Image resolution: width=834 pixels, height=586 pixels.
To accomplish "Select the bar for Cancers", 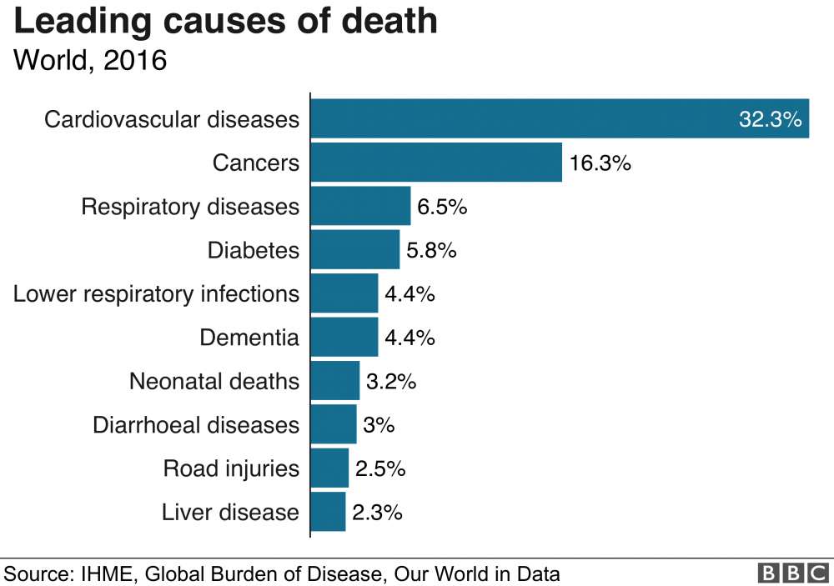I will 436,162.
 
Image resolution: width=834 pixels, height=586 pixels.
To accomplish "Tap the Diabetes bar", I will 354,249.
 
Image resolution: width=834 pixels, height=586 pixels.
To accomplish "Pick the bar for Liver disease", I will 328,511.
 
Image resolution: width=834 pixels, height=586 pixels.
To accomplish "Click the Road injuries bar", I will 329,468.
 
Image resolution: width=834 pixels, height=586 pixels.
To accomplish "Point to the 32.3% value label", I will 770,119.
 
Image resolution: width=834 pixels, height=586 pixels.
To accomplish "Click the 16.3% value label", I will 600,163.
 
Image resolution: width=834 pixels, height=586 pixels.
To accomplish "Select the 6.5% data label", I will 442,206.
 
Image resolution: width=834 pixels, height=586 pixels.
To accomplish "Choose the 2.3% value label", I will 377,512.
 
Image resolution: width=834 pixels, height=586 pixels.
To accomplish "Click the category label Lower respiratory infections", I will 156,293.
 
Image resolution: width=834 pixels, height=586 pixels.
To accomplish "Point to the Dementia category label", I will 249,338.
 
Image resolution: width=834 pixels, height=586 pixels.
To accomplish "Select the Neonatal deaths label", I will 214,381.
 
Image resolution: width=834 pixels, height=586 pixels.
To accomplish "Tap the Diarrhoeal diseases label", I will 196,424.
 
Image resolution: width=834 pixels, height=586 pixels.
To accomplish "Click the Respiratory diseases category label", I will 190,206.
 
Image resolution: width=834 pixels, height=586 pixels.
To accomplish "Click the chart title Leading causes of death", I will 226,22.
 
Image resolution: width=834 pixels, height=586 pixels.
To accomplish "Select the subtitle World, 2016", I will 90,61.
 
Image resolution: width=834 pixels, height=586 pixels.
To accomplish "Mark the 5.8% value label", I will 431,250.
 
